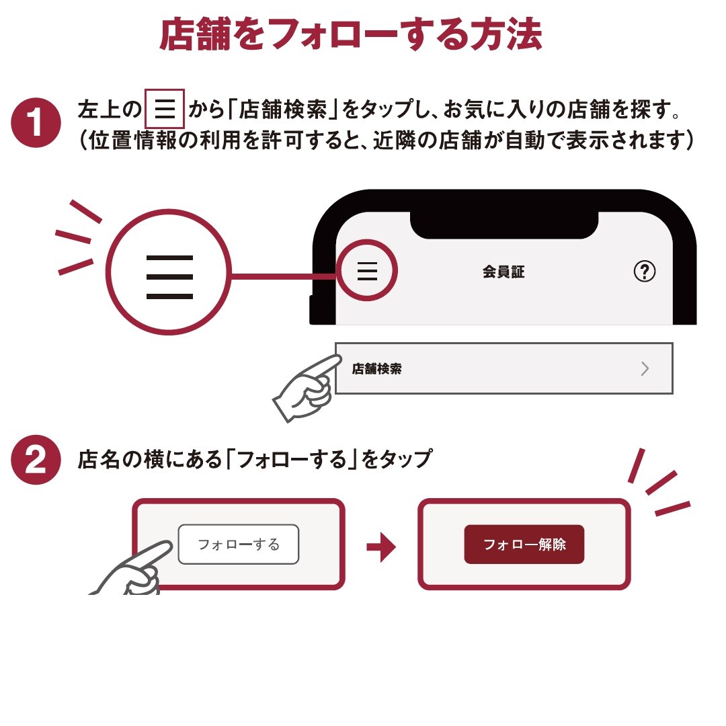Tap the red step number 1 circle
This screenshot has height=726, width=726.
point(36,123)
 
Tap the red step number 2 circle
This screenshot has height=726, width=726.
point(36,460)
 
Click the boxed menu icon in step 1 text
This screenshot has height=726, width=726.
point(165,109)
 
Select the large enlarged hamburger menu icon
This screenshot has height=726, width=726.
point(169,276)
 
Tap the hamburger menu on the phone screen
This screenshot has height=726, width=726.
point(367,270)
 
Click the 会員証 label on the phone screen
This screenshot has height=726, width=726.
point(503,272)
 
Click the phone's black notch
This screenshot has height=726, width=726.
point(504,225)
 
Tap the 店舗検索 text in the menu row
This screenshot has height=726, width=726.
point(376,368)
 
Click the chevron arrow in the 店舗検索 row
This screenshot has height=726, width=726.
point(645,368)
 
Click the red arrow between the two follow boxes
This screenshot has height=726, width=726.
point(381,547)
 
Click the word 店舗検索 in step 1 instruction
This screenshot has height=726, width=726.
point(282,110)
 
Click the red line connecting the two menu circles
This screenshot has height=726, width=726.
point(284,276)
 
